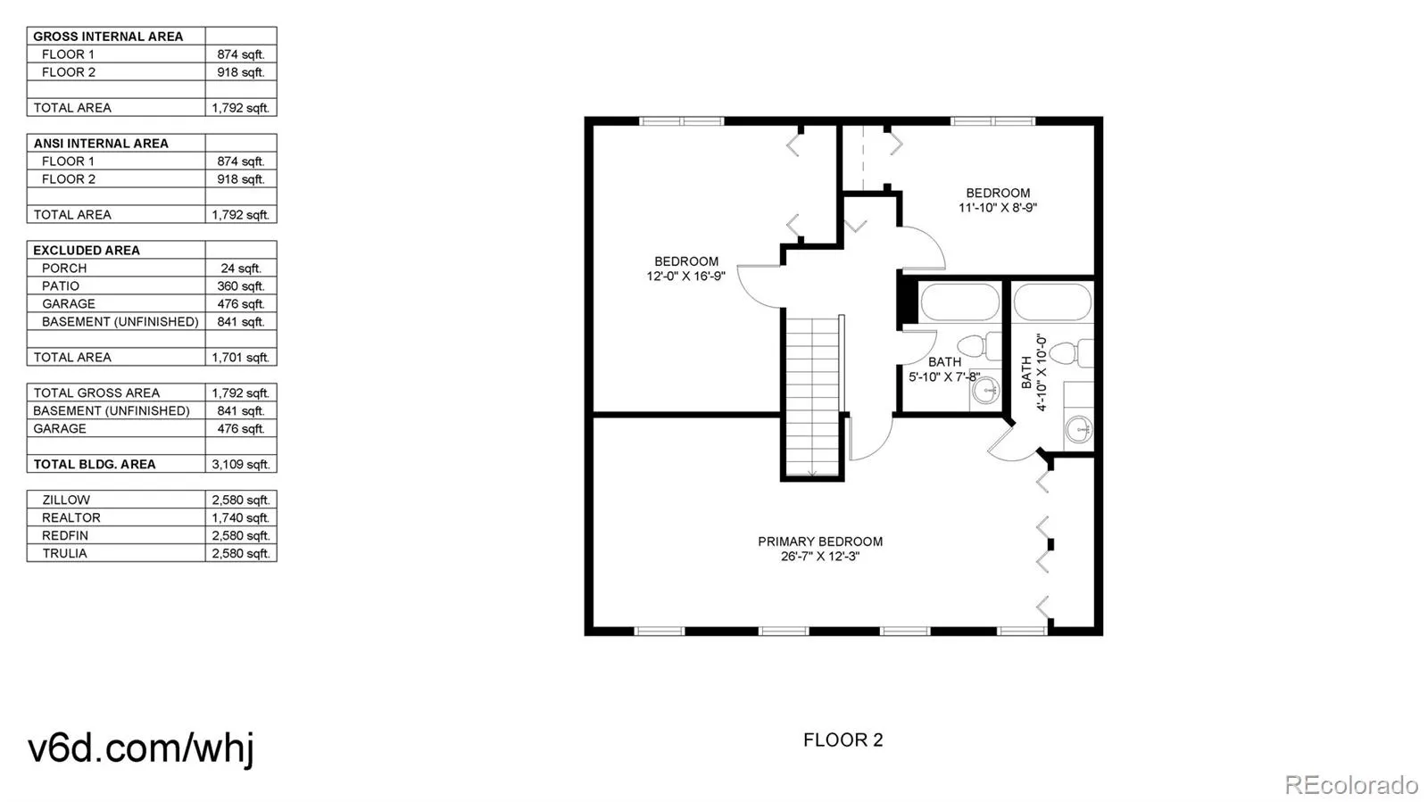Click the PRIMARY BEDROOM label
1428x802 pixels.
[x=820, y=542]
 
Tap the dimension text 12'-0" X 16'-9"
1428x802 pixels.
[x=685, y=277]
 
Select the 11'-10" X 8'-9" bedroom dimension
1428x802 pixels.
[x=997, y=208]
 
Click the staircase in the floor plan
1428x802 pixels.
[x=812, y=393]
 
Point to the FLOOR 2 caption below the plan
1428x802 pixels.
[x=843, y=740]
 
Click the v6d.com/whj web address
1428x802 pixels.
[x=141, y=748]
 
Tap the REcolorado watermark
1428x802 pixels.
[x=1350, y=785]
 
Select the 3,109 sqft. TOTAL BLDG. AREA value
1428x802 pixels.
[x=240, y=464]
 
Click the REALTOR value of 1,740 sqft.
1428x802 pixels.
[x=240, y=517]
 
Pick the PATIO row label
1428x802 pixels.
[x=61, y=285]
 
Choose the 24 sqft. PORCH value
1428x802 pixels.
[x=240, y=268]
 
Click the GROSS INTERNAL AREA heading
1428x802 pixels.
[x=108, y=37]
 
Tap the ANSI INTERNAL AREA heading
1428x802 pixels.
[x=101, y=143]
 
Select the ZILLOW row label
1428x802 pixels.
[x=66, y=500]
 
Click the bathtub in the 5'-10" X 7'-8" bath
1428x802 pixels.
[x=959, y=302]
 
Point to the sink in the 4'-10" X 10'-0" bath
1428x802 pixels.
[x=1080, y=429]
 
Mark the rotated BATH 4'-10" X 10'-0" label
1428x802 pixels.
[x=1033, y=372]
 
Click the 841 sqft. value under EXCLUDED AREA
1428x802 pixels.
[x=240, y=321]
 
